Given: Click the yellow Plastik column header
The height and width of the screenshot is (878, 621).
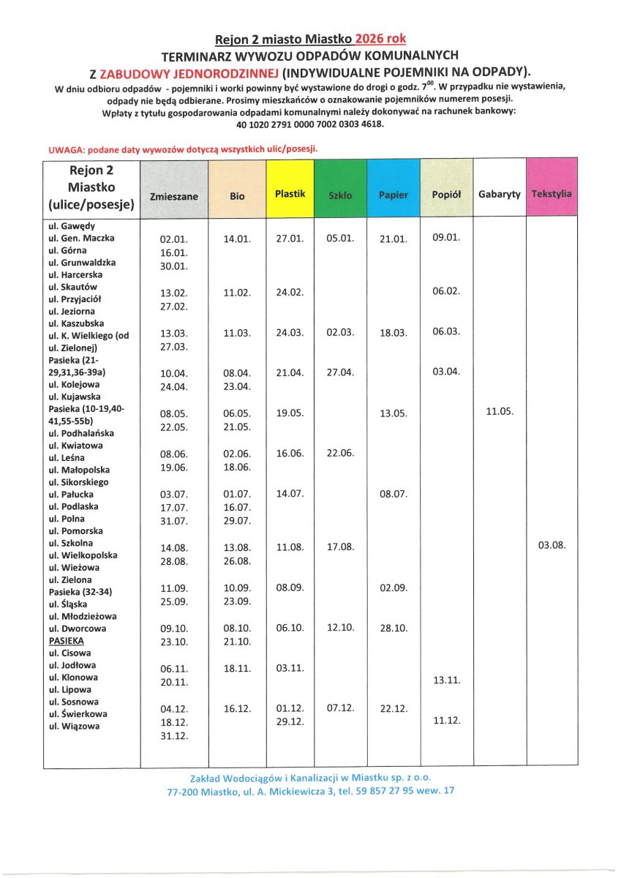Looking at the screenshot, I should (290, 194).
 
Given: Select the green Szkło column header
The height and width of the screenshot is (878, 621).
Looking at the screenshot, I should (340, 195).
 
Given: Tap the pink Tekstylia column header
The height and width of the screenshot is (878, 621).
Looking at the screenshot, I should (552, 194).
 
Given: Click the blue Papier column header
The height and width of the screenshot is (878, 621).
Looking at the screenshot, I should (394, 195).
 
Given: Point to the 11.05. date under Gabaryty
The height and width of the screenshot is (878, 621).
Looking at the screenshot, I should (500, 411).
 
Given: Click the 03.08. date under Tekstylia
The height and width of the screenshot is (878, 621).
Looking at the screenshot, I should (552, 545).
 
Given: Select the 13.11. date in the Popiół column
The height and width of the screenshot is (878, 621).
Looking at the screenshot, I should (446, 680).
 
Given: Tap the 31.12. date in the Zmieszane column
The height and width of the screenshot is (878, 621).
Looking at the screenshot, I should (174, 736).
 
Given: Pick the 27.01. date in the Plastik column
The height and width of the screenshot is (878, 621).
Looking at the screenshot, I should (290, 239).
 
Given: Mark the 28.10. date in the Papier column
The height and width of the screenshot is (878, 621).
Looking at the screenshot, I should (394, 628).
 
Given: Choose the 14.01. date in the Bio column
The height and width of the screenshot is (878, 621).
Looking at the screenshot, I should (237, 239).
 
